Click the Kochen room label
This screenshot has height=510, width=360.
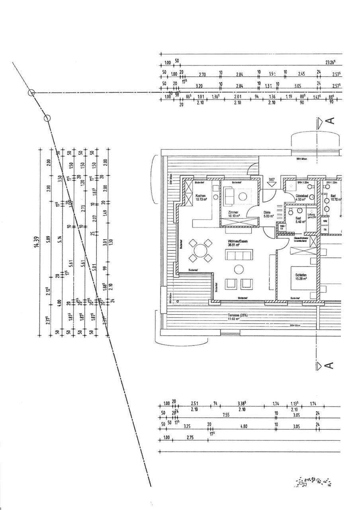click(200, 196)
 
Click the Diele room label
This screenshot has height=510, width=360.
click(267, 212)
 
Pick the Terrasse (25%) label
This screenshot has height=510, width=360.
click(238, 315)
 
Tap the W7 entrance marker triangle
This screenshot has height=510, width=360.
click(272, 184)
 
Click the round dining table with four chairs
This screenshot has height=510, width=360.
click(200, 251)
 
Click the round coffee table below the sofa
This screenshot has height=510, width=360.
click(239, 270)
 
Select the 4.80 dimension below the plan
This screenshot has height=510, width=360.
click(244, 426)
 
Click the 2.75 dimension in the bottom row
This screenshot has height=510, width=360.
click(190, 437)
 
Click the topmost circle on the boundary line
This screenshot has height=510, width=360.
click(31, 93)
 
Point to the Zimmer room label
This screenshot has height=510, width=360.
click(233, 212)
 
